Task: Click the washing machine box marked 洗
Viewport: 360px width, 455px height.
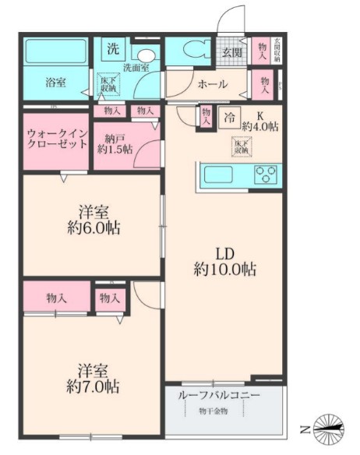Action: point(113,48)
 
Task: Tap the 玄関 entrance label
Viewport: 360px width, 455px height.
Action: point(231,52)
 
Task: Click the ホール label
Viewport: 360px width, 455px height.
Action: point(211,84)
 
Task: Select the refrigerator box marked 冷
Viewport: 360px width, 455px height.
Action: point(231,118)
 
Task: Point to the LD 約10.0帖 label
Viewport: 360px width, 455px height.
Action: point(224,261)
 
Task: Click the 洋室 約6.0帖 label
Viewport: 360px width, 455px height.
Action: point(91,220)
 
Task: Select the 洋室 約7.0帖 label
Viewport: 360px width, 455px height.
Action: point(91,376)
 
